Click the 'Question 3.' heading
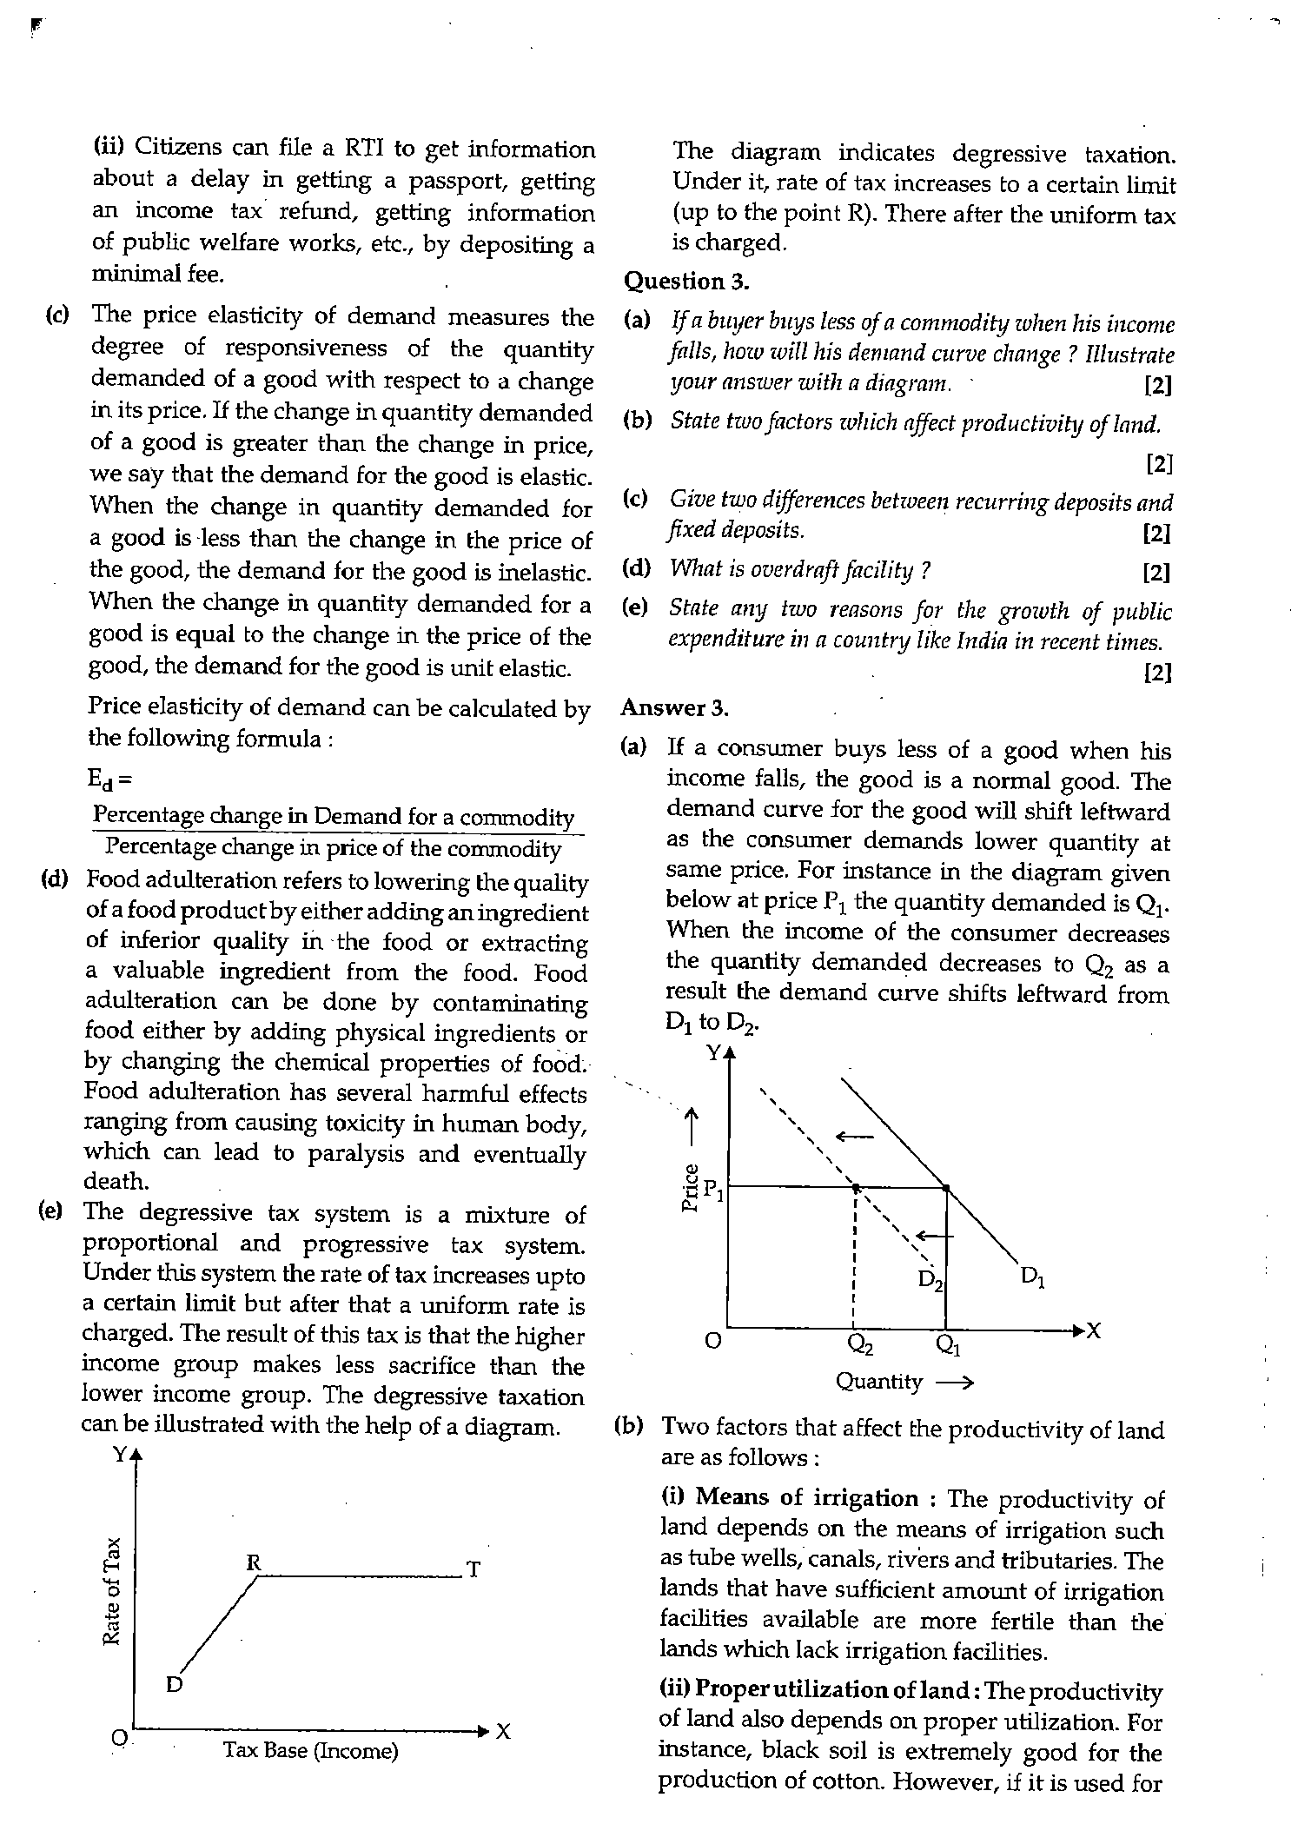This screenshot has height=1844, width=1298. coord(686,282)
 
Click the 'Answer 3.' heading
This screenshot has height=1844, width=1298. coord(674,708)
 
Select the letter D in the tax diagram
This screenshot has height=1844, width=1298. coord(174,1685)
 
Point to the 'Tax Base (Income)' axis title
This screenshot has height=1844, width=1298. coord(311,1749)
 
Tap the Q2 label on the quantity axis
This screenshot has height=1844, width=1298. coord(860,1345)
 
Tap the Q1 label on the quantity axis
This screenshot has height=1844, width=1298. coord(948,1345)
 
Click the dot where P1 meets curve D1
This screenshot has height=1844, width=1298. coord(946,1187)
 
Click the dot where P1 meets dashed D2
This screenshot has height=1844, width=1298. coord(856,1187)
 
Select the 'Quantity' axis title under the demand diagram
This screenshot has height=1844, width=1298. coord(878,1381)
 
